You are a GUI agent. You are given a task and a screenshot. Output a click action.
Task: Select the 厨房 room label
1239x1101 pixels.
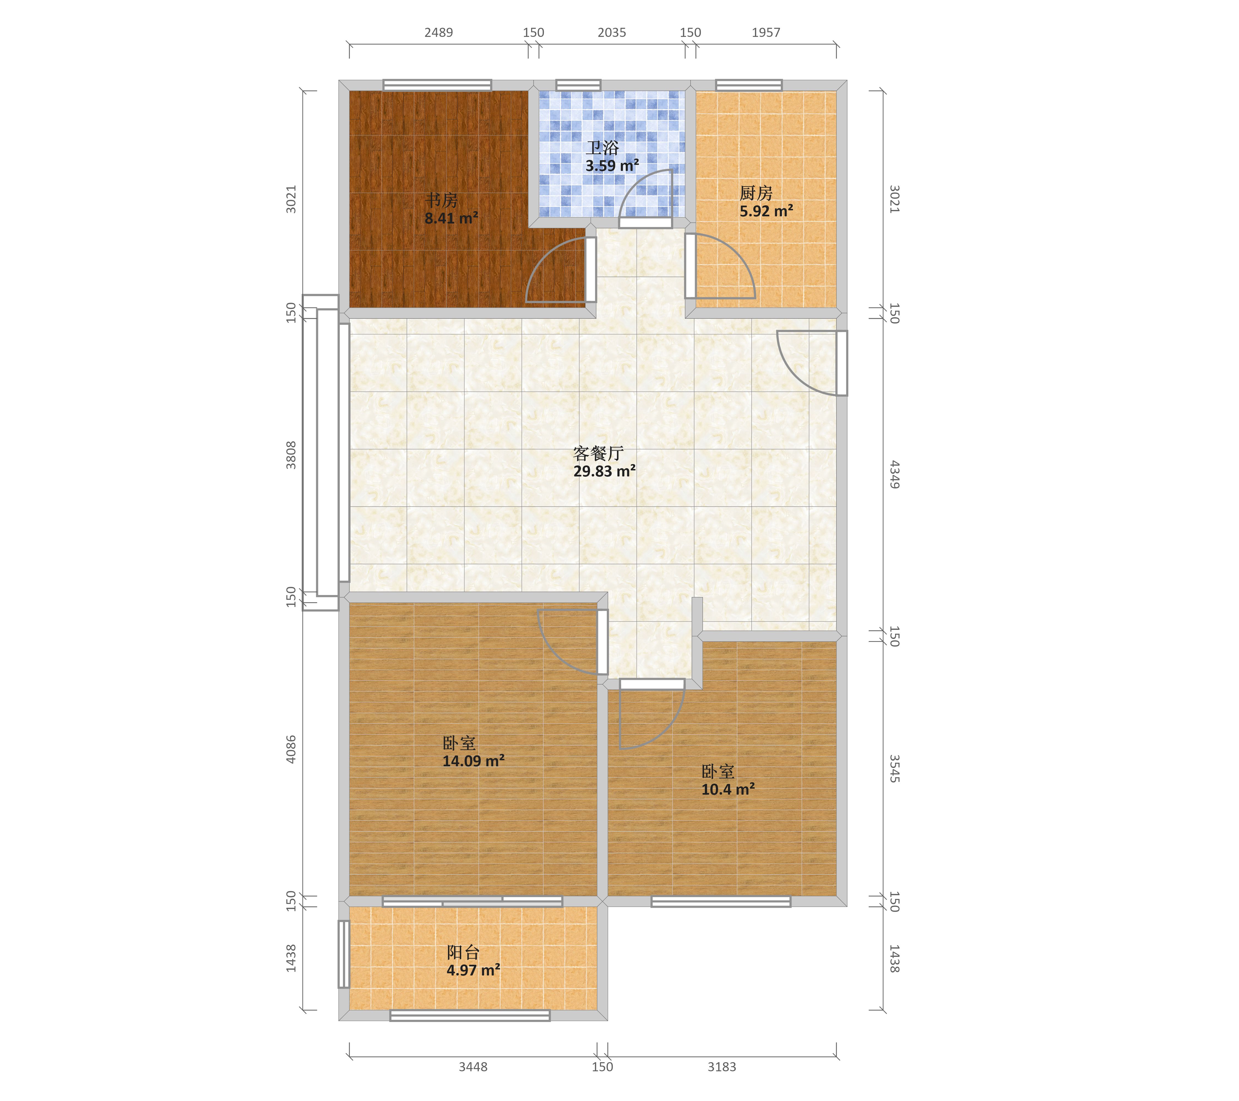pyautogui.click(x=756, y=193)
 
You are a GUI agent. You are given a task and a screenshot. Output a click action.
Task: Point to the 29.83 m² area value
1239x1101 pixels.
pyautogui.click(x=604, y=471)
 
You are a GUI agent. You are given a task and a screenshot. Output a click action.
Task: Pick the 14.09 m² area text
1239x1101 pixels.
pyautogui.click(x=473, y=761)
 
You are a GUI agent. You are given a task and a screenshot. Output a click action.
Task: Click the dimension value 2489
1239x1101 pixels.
pyautogui.click(x=438, y=33)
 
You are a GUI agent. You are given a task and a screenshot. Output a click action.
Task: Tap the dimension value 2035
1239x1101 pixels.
pyautogui.click(x=612, y=33)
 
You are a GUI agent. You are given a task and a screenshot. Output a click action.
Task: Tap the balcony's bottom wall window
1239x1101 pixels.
pyautogui.click(x=470, y=1016)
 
